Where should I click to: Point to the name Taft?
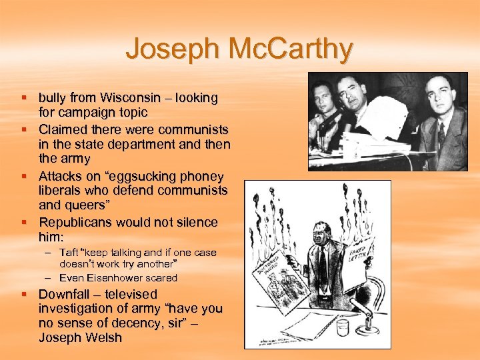[x=69, y=253]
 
